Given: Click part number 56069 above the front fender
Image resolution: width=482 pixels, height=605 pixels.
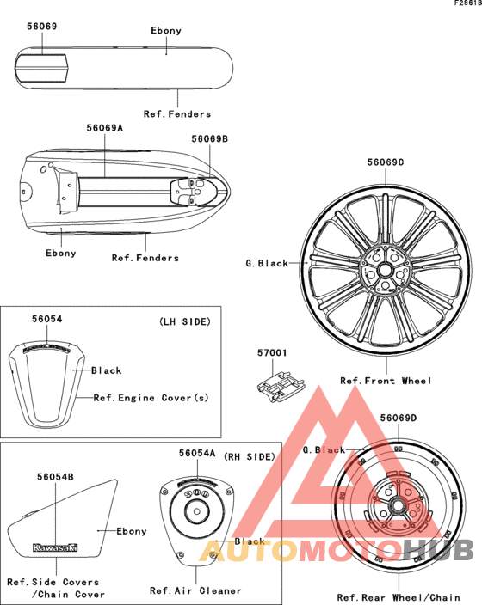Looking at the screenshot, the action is (x=42, y=27).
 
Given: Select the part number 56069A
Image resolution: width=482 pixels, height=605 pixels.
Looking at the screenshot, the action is (x=105, y=128).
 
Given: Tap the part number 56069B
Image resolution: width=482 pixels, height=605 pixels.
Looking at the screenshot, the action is (x=210, y=139).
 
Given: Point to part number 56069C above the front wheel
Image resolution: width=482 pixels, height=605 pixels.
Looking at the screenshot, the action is (x=386, y=162).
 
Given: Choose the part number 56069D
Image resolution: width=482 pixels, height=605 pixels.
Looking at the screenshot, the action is (x=399, y=419).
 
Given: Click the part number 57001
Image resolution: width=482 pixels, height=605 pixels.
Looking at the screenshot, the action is (x=272, y=353).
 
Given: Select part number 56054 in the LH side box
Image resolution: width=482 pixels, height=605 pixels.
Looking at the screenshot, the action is (x=46, y=319).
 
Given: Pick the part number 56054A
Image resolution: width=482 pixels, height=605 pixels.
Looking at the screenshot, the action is (x=197, y=454).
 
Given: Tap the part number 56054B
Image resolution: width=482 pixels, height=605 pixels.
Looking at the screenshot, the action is (x=55, y=477).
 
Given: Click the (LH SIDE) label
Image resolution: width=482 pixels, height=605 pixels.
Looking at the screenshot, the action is (x=185, y=321).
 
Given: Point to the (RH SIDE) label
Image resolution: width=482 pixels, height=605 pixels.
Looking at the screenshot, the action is (x=250, y=457).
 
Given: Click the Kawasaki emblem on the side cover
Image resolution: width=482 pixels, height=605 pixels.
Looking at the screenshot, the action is (x=55, y=547).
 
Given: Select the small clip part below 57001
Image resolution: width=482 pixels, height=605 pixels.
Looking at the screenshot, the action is (x=281, y=386).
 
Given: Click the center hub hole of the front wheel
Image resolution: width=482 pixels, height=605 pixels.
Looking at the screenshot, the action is (x=384, y=270).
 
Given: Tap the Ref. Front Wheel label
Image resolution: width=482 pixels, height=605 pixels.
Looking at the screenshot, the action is (x=386, y=382).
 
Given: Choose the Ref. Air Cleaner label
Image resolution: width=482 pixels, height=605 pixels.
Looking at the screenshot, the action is (x=195, y=590).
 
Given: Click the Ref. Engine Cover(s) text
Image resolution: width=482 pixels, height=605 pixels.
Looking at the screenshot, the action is (x=151, y=398).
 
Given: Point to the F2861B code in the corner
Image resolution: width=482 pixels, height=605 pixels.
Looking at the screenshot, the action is (x=467, y=3).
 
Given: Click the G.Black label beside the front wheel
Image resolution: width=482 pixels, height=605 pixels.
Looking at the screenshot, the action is (x=267, y=264).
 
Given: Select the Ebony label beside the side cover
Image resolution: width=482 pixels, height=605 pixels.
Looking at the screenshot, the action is (x=132, y=531).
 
